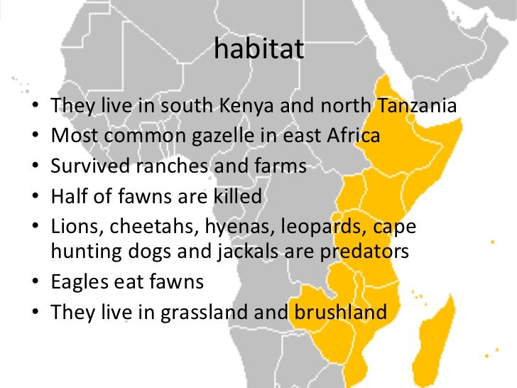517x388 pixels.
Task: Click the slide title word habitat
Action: point(258,50)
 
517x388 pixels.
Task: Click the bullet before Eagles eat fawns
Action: point(36,283)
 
